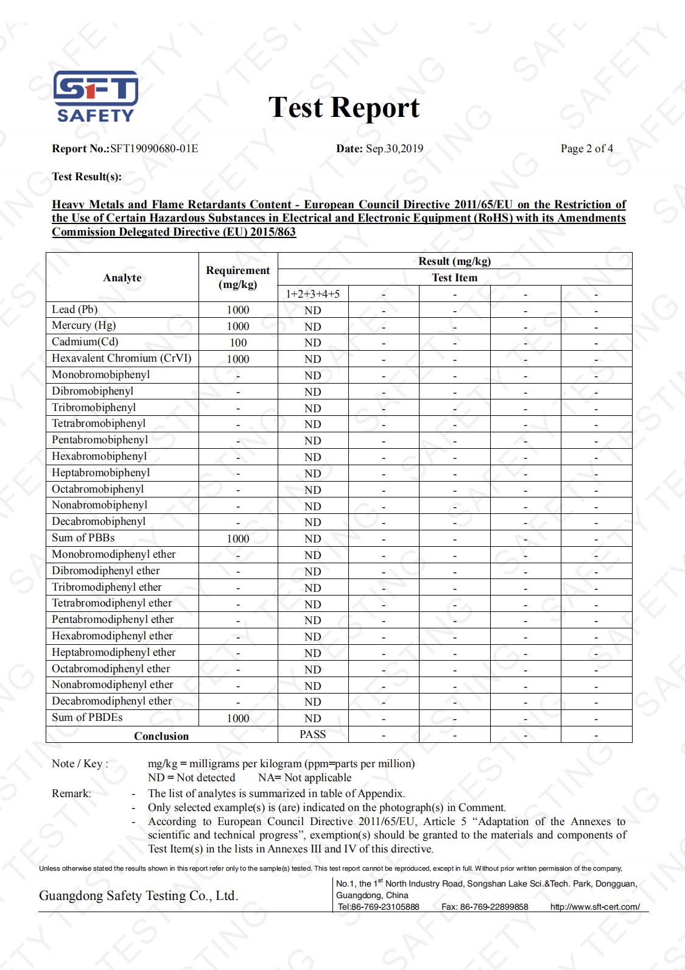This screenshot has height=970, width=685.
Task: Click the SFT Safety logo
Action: tap(96, 96)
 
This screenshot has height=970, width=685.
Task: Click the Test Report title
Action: tap(344, 108)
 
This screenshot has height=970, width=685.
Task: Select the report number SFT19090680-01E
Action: tap(154, 149)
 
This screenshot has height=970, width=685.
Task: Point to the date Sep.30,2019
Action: tap(394, 149)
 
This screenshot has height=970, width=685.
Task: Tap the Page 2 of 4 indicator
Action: tap(586, 149)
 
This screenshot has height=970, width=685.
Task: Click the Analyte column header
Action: tap(122, 278)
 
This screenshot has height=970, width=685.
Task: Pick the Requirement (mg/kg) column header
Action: tap(238, 277)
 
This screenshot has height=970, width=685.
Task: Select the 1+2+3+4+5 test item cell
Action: tap(313, 294)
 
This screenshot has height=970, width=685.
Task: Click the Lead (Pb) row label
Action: tap(75, 309)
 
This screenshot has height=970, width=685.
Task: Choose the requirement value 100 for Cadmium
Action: tap(238, 343)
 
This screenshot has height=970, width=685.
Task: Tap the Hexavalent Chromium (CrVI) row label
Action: tap(122, 359)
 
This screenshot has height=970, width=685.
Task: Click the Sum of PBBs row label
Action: tap(83, 538)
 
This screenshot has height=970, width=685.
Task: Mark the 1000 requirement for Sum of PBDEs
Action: tap(238, 719)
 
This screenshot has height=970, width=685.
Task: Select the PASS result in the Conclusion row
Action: tap(313, 734)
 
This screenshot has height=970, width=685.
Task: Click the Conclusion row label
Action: tap(161, 736)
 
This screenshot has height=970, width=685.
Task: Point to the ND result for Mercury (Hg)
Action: tap(313, 327)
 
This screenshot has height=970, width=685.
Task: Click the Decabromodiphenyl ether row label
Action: tap(112, 701)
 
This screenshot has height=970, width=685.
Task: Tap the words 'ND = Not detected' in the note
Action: tap(192, 778)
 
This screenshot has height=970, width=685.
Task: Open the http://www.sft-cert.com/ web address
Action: tap(595, 907)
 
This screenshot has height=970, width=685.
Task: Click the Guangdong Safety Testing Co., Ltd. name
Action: tap(138, 896)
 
